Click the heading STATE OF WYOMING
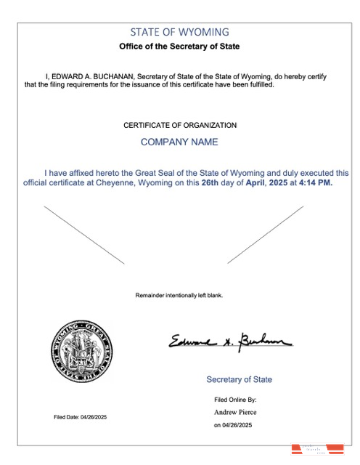[179, 32]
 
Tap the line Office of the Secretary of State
[179, 46]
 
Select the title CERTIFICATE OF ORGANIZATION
[180, 125]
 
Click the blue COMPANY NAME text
[179, 142]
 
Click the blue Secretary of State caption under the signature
[240, 380]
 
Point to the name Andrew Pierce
[234, 413]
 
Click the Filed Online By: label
[235, 400]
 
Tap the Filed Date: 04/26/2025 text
[80, 417]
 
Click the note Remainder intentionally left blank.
[179, 296]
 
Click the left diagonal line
[84, 235]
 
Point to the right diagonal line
[266, 235]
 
